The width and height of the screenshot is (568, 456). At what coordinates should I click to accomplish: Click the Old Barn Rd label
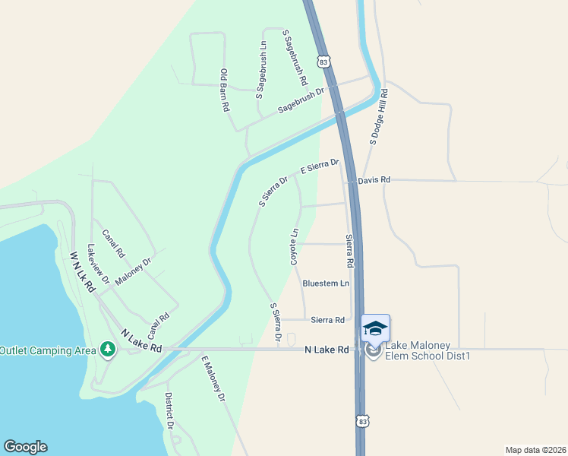click(225, 90)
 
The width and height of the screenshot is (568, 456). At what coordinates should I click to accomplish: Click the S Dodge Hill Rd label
click(379, 116)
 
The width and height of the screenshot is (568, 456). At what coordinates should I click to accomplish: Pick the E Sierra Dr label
click(320, 167)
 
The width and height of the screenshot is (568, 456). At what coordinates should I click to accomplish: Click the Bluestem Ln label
click(326, 283)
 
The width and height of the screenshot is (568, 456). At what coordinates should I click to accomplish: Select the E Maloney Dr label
click(213, 378)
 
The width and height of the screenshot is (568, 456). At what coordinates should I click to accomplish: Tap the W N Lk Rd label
click(81, 272)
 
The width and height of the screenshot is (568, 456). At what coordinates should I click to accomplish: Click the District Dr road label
click(169, 411)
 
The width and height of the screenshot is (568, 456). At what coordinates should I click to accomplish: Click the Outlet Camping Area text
click(48, 350)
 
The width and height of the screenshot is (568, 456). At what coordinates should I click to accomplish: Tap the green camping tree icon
click(108, 350)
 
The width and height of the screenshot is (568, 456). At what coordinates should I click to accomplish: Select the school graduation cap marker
click(375, 328)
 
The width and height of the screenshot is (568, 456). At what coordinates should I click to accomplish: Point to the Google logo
click(25, 447)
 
